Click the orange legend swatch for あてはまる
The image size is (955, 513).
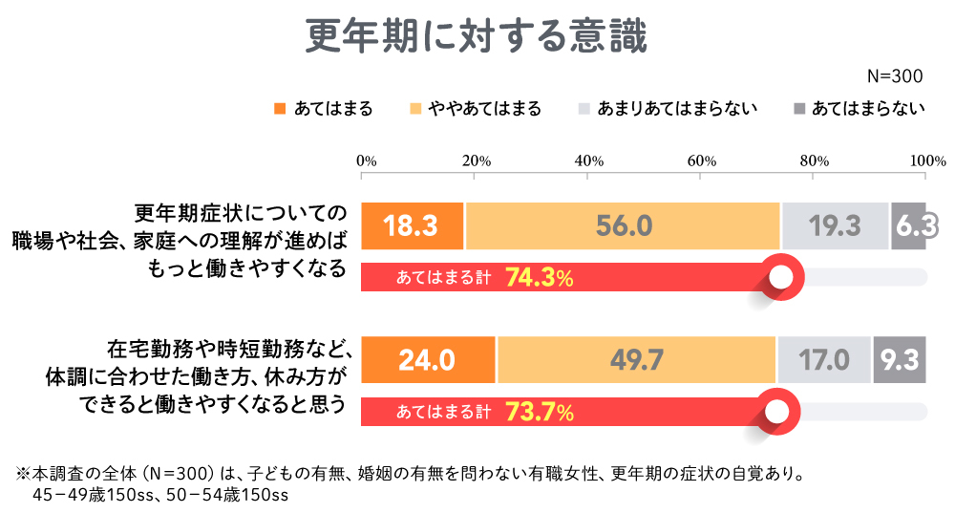coord(280,109)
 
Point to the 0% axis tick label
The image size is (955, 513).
coord(365,160)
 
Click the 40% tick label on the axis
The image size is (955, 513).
coord(588,160)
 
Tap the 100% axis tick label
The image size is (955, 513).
coord(925,160)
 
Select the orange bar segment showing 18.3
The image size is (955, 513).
coord(413,226)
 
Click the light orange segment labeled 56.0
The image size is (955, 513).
coord(623,226)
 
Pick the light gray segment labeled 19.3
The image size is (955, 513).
coord(836,226)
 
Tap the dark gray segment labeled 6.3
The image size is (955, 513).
coord(908,226)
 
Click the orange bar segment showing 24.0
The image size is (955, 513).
coord(429,359)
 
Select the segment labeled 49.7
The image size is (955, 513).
coord(636,359)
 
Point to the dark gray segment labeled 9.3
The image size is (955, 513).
coord(899,359)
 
